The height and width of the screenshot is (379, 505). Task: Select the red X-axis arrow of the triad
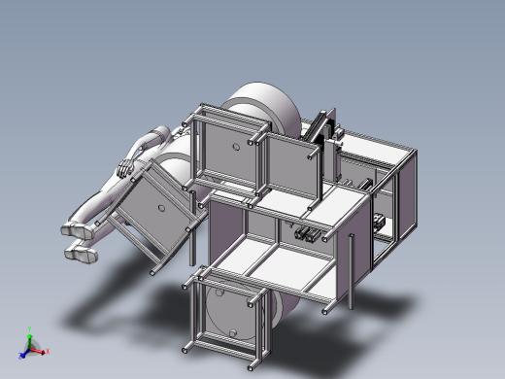[x=40, y=351]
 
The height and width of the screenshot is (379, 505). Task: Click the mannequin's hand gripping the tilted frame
[x=124, y=170]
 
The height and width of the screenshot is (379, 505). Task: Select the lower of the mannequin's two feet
[x=83, y=256]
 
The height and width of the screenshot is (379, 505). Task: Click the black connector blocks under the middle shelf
[x=305, y=234]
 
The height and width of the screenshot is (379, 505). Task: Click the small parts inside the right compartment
[x=378, y=224]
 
